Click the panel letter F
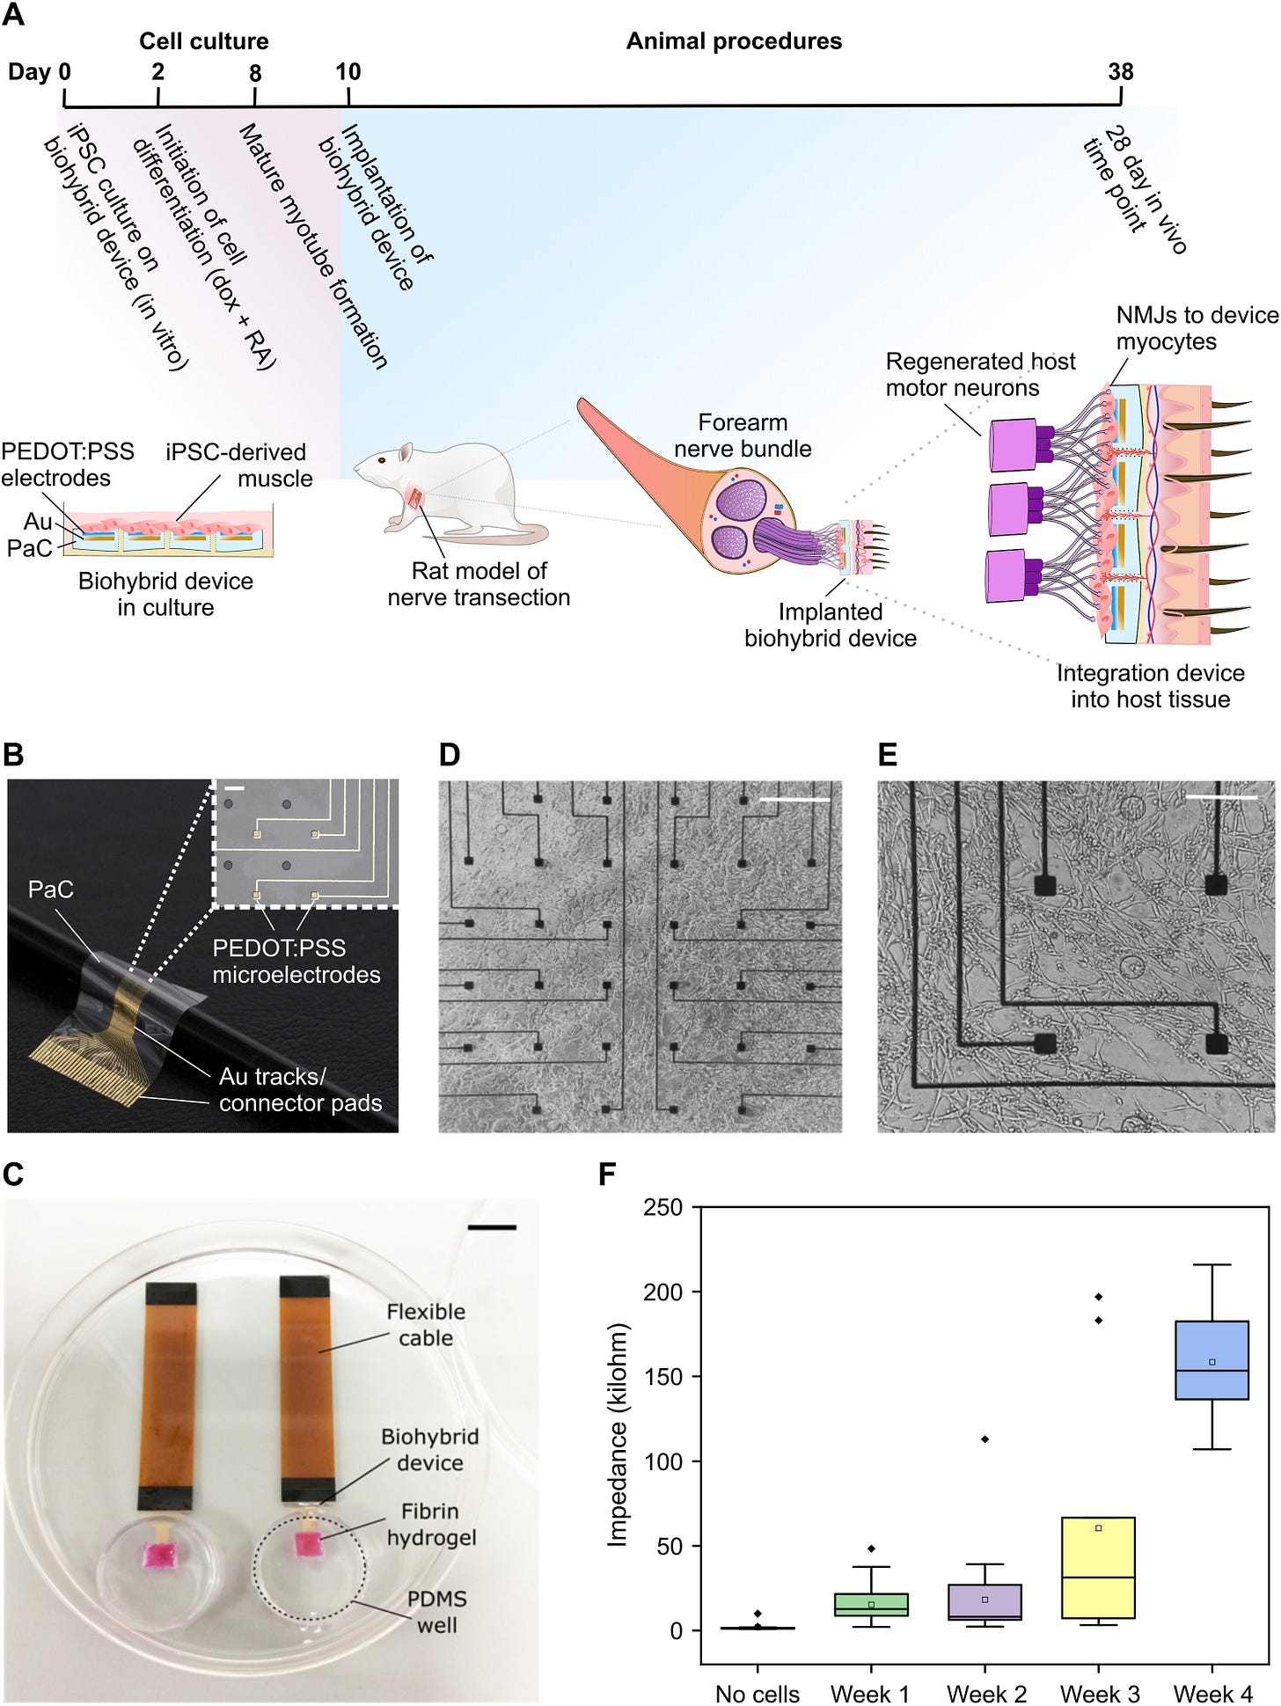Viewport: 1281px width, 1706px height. coord(606,1175)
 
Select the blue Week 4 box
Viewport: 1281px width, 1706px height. coord(1212,1359)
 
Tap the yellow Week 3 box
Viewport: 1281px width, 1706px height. coord(1098,1567)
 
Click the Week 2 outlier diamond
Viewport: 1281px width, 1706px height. coord(985,1439)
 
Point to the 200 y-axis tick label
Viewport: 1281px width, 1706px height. coord(663,1292)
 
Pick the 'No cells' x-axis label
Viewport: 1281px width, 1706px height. coord(758,1693)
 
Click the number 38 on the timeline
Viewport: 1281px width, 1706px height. coord(1120,71)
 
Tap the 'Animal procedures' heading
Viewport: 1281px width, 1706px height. coord(734,40)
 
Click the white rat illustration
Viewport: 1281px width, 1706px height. coord(449,492)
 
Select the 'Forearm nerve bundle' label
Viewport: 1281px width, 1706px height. coord(743,436)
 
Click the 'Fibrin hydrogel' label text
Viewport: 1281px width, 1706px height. coord(431,1524)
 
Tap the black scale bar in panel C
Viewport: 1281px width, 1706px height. coord(492,1226)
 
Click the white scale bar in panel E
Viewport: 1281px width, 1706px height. coord(1221,797)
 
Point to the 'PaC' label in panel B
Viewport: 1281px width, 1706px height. coord(50,890)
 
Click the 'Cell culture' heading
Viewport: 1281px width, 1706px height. coord(203,40)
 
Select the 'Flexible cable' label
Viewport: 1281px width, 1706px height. coord(426,1324)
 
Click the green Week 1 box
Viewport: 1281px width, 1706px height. coord(871,1604)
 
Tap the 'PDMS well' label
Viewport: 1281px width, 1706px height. coord(437,1612)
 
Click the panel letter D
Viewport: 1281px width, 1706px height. coord(449,755)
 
